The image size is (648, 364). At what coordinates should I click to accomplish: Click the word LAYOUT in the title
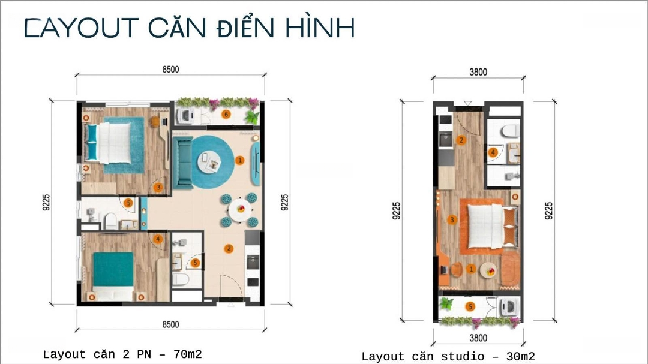pos(82,28)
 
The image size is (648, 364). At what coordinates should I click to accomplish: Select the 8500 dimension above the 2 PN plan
pos(170,69)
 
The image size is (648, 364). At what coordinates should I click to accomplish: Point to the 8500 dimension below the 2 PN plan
pos(170,324)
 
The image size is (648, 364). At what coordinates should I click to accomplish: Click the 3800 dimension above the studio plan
pos(478,72)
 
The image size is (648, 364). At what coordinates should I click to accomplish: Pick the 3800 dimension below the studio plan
pos(478,338)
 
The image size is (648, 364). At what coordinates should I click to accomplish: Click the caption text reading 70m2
pos(188,354)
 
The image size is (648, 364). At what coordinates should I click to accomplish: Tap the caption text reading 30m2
pos(521,356)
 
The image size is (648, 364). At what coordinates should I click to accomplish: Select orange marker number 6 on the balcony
pos(226,114)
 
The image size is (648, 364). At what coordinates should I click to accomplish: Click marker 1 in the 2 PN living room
pos(239,160)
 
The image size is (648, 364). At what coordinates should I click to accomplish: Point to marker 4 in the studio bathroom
pos(493,152)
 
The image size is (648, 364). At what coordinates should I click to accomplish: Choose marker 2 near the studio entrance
pos(461,140)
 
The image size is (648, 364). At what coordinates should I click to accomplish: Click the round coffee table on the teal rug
pos(209,161)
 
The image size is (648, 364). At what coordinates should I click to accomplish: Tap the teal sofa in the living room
pos(183,163)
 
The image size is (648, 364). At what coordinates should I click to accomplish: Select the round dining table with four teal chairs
pos(240,210)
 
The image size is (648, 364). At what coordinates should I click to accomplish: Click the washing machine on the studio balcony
pos(509,307)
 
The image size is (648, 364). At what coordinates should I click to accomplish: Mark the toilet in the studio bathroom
pos(510,131)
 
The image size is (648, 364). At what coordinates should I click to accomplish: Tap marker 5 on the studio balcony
pos(470,306)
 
